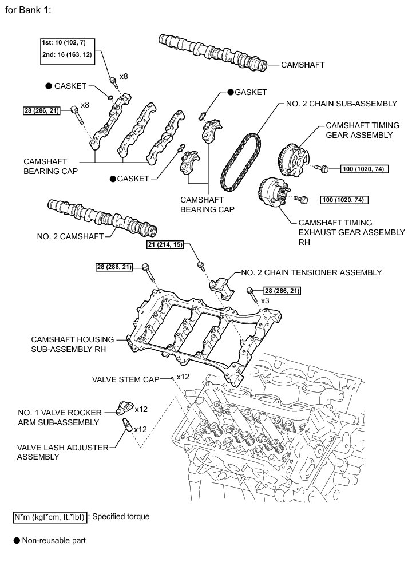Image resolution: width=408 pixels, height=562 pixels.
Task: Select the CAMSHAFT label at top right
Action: [x=302, y=65]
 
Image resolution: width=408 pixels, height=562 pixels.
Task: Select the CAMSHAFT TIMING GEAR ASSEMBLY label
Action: [x=359, y=130]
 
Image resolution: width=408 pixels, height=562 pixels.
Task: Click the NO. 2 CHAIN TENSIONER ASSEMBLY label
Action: [x=311, y=272]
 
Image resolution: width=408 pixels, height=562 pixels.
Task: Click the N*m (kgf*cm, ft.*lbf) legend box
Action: [x=50, y=517]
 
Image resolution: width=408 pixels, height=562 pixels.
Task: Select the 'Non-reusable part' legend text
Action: [x=54, y=540]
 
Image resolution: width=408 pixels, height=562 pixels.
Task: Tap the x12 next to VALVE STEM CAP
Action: [x=183, y=377]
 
